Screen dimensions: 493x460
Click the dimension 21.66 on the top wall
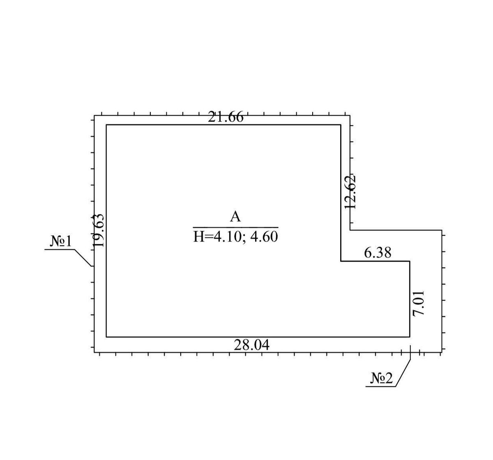point(226,117)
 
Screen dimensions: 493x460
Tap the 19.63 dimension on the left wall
point(98,230)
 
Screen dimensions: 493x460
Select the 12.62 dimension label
point(351,192)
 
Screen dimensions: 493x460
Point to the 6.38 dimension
point(378,253)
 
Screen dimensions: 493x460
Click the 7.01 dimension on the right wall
point(419,304)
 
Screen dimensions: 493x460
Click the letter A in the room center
point(235,217)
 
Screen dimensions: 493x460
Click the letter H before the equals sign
point(198,237)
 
